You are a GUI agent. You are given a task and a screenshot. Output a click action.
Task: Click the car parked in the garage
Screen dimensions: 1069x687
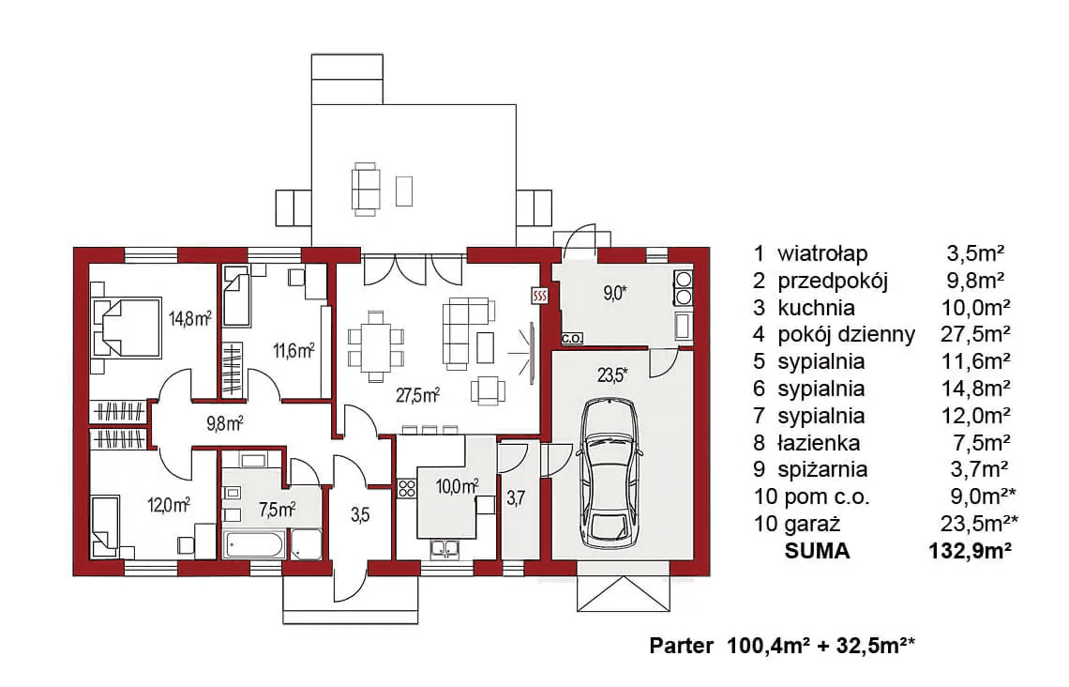click(610, 473)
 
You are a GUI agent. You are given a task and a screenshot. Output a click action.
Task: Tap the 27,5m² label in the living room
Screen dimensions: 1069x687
click(418, 395)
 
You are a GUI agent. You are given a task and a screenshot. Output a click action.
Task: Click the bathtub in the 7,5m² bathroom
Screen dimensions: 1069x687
click(253, 545)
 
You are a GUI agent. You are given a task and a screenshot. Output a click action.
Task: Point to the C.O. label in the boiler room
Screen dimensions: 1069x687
click(572, 339)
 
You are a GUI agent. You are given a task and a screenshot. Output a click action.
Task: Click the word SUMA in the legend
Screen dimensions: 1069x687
click(818, 551)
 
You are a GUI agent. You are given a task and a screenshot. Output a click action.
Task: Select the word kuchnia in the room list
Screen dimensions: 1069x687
click(816, 308)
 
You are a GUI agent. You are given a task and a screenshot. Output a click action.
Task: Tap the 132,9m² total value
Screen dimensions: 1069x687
click(971, 551)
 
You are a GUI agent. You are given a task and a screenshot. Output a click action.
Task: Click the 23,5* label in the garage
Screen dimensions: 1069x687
click(613, 374)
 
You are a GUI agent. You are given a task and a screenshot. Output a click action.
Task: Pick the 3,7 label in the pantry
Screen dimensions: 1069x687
click(516, 498)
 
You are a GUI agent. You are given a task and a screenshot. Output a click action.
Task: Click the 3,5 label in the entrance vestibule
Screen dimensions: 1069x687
click(360, 514)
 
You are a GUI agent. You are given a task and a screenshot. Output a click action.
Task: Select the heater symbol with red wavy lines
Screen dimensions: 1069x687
click(540, 296)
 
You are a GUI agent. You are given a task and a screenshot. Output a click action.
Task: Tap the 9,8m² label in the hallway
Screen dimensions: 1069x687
click(225, 423)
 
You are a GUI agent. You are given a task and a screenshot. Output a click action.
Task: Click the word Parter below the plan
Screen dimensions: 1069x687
click(681, 645)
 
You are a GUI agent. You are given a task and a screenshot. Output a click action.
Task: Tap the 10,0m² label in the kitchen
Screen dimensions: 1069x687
click(457, 486)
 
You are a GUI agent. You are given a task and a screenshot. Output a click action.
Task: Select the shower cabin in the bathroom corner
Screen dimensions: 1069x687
click(306, 545)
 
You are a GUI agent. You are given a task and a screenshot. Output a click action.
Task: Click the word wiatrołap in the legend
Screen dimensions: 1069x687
click(823, 253)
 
